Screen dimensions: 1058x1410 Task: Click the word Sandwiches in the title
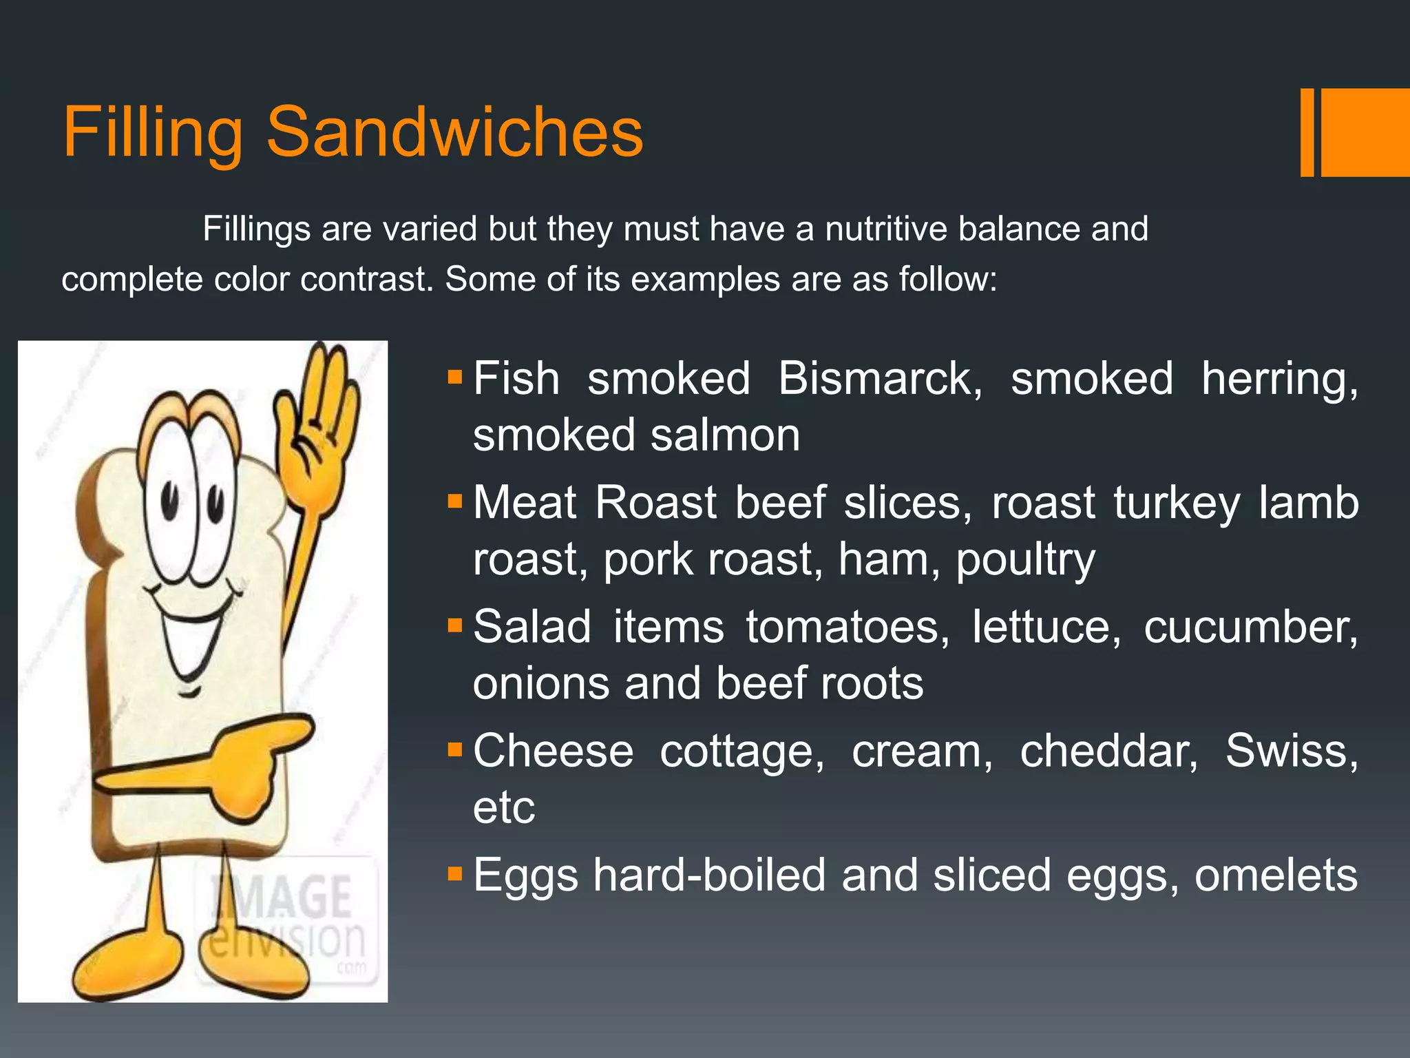tap(454, 132)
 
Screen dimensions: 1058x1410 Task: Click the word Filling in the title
tap(153, 132)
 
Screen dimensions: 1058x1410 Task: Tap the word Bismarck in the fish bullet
tap(880, 380)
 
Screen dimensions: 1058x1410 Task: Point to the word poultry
tap(1025, 560)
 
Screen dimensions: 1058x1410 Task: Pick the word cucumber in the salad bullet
tap(1250, 627)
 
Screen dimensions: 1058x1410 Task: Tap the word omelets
tap(1276, 875)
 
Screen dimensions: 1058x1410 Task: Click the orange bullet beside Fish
tap(454, 377)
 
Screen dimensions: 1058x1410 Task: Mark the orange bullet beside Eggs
tap(454, 874)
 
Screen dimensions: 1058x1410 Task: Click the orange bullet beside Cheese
tap(454, 749)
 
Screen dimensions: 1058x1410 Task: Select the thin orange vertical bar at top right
tap(1307, 132)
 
